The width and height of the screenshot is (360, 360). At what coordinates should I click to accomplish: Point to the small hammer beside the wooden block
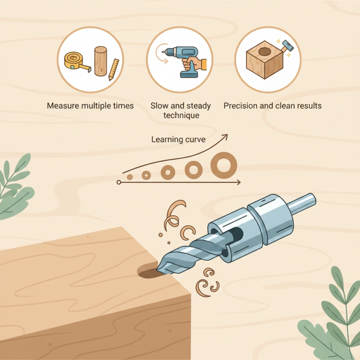click(287, 45)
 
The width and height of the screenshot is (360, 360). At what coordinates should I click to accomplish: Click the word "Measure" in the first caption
click(64, 106)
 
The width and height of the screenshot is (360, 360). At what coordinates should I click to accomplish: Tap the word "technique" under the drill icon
click(181, 116)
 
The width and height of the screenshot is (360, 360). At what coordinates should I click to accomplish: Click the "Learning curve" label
click(178, 139)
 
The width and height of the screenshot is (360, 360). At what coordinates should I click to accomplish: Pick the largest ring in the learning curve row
click(224, 165)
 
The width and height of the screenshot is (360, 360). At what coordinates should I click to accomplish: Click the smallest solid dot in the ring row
click(130, 177)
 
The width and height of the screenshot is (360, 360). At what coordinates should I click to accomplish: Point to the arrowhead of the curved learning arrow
click(225, 136)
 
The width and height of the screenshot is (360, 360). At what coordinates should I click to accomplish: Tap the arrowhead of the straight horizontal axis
click(238, 182)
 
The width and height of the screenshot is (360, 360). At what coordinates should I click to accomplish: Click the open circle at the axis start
click(119, 182)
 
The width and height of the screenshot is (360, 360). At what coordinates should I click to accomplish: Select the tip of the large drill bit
click(159, 270)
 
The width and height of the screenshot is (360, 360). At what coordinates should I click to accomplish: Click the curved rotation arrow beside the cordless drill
click(158, 54)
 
